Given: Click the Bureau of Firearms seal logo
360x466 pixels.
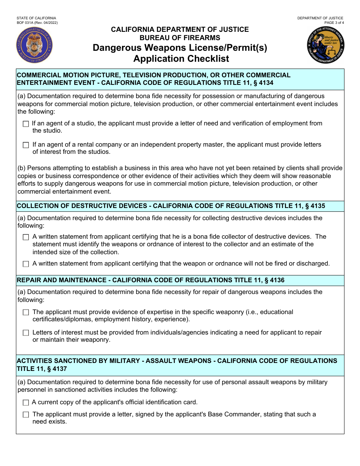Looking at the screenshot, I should (x=34, y=45).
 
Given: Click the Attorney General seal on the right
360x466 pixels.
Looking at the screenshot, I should (x=326, y=45).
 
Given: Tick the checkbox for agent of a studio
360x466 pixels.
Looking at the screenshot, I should (x=26, y=124).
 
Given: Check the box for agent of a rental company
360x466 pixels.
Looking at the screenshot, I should (x=26, y=145).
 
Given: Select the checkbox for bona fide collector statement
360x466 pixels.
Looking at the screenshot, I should (x=26, y=237).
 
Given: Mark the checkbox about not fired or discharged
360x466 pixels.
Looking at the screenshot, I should (x=26, y=264).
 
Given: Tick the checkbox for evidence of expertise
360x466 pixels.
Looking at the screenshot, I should (x=26, y=313).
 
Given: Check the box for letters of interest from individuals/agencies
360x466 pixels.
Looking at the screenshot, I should (x=26, y=333).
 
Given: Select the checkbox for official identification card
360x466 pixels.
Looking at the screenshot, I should (x=26, y=403).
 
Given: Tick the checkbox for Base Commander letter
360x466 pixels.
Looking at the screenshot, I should (x=26, y=415).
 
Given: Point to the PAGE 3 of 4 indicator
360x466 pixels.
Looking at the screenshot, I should (x=332, y=23).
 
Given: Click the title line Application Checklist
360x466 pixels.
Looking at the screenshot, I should (x=181, y=59).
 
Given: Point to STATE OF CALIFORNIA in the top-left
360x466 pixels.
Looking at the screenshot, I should (x=36, y=18).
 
